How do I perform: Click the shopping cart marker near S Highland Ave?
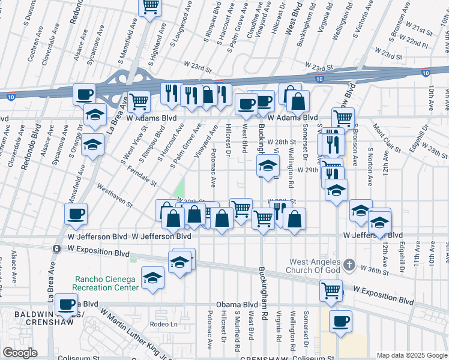[150, 7]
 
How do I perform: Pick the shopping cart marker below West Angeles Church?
[331, 291]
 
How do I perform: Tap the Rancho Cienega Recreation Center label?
[106, 283]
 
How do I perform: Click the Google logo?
[20, 353]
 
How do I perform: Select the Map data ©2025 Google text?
[412, 356]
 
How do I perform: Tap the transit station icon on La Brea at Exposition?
[56, 248]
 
